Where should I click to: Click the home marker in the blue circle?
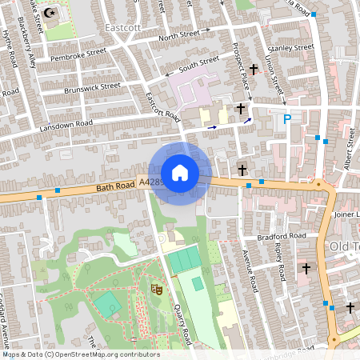(180, 173)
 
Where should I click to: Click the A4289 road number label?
(151, 183)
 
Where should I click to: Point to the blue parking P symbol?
(287, 120)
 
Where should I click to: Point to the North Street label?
(178, 37)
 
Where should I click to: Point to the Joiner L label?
(346, 214)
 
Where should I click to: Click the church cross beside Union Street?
(254, 70)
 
